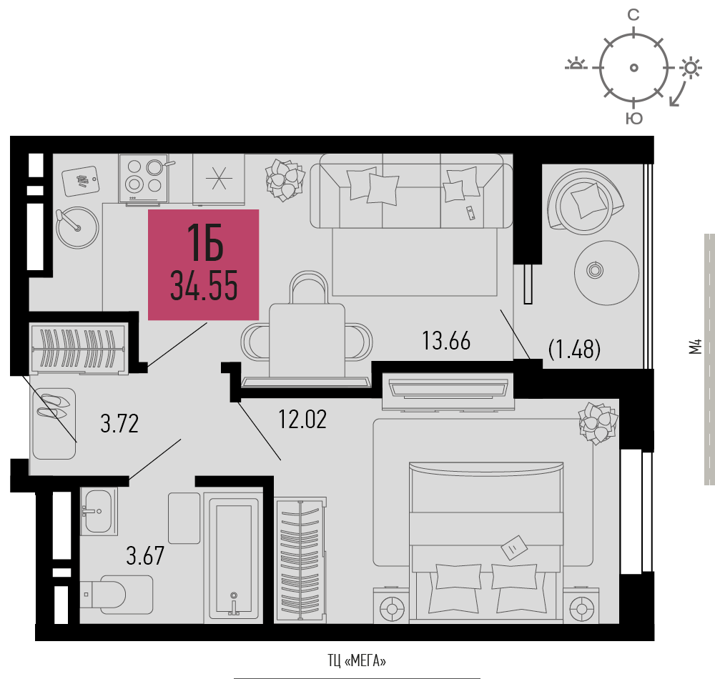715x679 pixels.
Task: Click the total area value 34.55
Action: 204,286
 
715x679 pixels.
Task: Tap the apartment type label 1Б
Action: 205,243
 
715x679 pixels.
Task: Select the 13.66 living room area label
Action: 446,341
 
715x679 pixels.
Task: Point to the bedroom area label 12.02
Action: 302,420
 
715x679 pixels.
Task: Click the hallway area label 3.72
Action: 119,423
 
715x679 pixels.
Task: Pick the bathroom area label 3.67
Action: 145,555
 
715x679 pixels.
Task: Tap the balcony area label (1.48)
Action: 575,349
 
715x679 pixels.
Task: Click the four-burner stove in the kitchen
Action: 144,178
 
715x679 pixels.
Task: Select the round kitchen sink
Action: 77,228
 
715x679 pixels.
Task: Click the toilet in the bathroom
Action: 117,594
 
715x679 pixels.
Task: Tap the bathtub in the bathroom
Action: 234,558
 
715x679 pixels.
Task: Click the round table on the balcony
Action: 606,272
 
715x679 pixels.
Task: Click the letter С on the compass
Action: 633,15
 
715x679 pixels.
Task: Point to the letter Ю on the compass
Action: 633,118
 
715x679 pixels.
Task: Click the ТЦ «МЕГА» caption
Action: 357,660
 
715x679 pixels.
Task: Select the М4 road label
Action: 696,347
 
